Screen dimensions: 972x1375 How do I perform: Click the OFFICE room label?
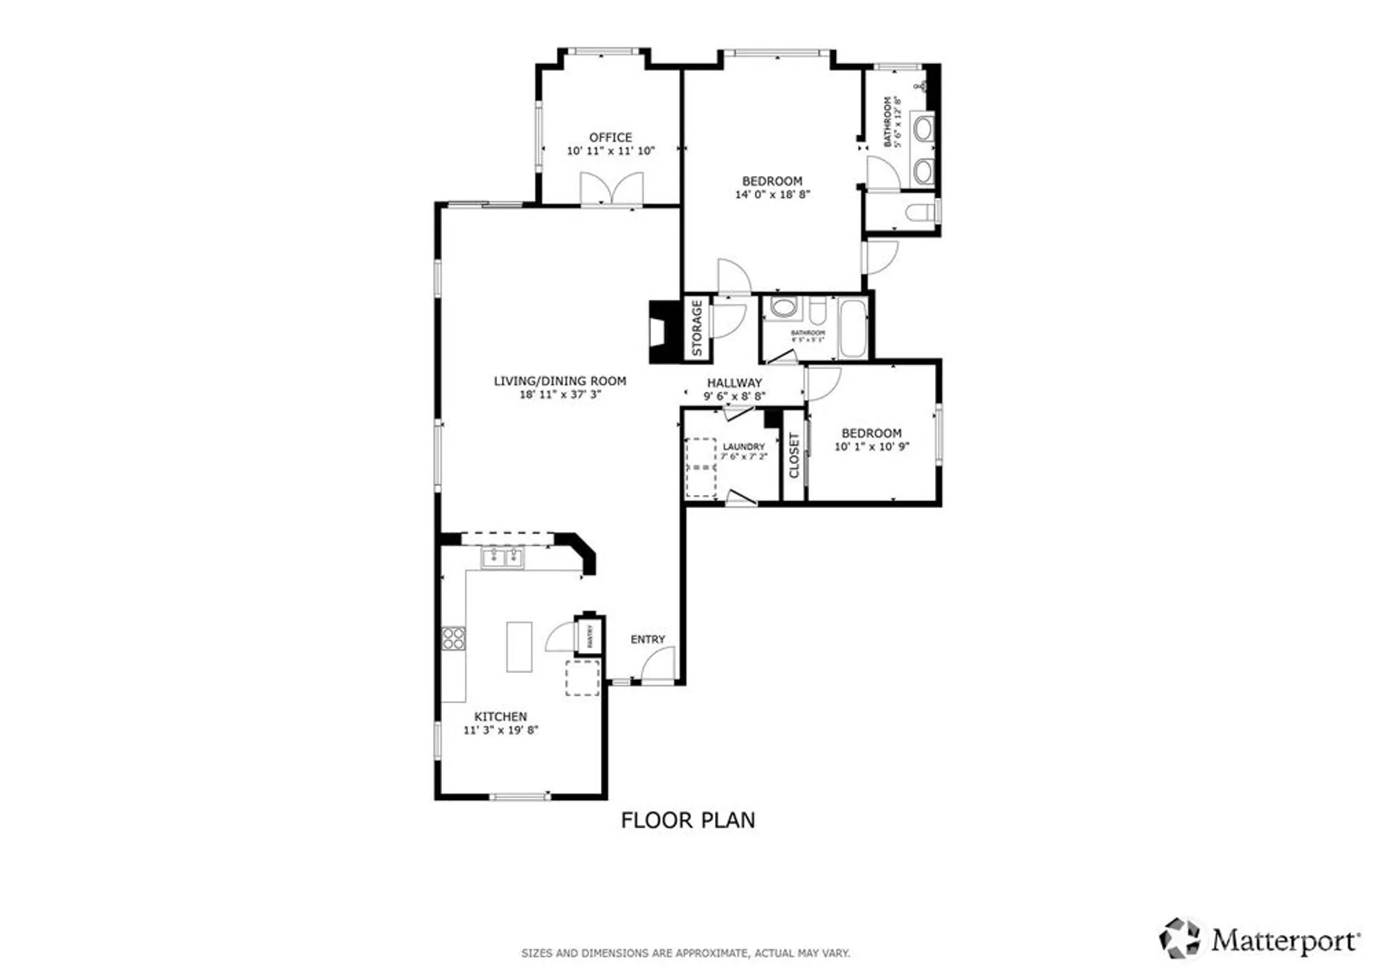click(610, 137)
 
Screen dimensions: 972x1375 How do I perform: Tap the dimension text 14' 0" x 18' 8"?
click(772, 195)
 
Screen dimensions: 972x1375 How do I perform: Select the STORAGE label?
click(697, 327)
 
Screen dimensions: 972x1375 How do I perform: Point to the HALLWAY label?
click(734, 383)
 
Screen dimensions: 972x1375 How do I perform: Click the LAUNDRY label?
click(743, 447)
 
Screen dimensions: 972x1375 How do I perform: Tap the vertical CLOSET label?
click(794, 455)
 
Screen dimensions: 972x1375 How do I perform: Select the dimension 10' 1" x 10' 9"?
click(871, 447)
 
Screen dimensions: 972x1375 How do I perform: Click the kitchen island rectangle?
click(519, 647)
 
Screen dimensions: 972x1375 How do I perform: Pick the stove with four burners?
click(453, 639)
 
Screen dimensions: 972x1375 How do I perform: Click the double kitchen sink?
click(503, 557)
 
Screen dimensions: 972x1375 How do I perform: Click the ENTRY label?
click(648, 639)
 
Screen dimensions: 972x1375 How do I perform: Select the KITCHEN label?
click(500, 716)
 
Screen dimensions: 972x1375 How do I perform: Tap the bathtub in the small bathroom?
click(853, 329)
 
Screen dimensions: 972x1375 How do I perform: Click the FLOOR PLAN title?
click(687, 820)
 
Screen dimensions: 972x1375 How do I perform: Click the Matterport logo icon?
click(1180, 938)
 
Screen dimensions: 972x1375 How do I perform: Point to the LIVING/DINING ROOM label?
click(560, 381)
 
